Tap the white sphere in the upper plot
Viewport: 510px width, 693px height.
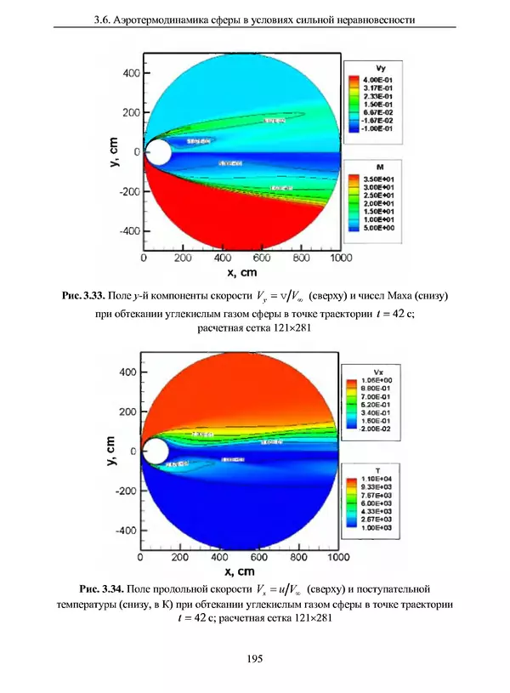(157, 153)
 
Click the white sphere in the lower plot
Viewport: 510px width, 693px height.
(156, 451)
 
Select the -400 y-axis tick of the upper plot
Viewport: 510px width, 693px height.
(128, 230)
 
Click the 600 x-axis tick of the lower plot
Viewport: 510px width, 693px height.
(259, 558)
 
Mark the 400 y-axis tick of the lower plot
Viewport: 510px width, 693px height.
(127, 372)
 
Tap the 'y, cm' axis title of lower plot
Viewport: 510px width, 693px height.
(110, 452)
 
